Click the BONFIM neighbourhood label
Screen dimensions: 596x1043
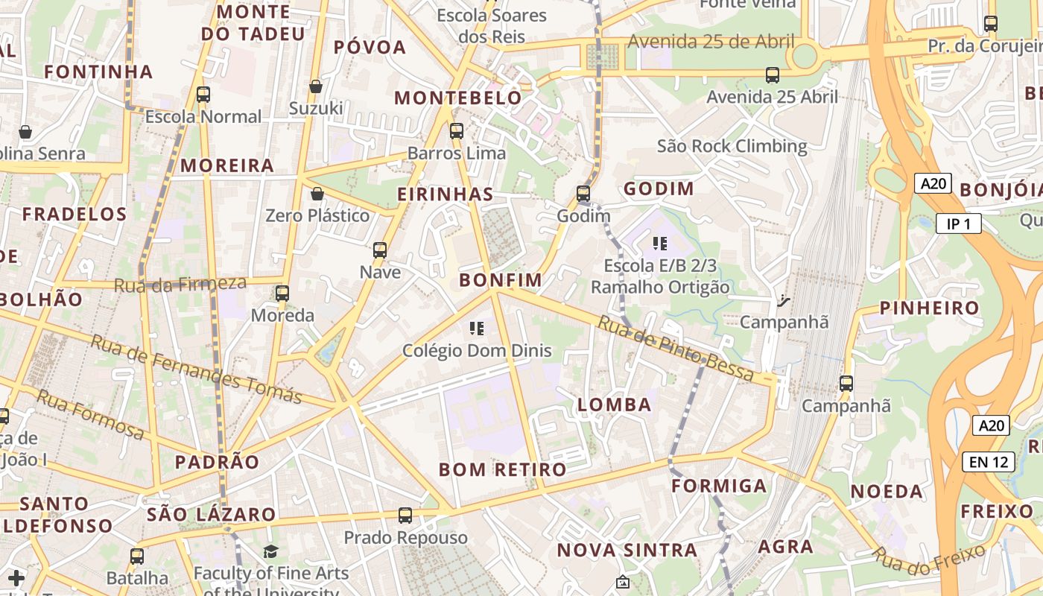click(501, 280)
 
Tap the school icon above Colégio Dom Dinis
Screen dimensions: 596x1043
click(478, 329)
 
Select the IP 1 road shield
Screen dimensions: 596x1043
click(959, 223)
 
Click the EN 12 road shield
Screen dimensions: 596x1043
click(989, 462)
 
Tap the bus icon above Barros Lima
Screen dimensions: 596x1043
click(457, 131)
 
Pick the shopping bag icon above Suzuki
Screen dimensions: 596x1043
click(316, 86)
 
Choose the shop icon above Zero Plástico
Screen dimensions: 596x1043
click(317, 194)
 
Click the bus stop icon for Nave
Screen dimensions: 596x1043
click(380, 250)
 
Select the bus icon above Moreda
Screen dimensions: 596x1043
click(282, 294)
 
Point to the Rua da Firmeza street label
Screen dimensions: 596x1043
click(180, 284)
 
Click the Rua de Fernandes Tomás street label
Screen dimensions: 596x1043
click(196, 369)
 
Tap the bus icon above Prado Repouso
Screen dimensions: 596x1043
click(405, 516)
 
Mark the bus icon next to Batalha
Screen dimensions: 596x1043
click(137, 556)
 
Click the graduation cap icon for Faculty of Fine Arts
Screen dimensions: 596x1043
click(270, 552)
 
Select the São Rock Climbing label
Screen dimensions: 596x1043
click(732, 146)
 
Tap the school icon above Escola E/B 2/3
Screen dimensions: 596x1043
click(659, 244)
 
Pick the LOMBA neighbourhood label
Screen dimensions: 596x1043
click(615, 405)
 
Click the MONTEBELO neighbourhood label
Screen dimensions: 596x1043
click(458, 98)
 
